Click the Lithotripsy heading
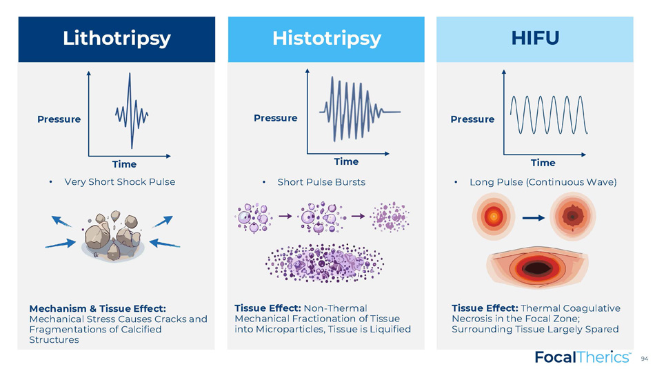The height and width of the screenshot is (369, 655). coord(117,39)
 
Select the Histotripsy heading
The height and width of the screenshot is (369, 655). coord(327,39)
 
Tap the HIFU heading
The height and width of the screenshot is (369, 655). coord(535,38)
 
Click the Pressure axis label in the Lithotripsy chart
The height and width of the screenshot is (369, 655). coord(59,119)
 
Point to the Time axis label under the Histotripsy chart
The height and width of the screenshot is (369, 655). coord(346,161)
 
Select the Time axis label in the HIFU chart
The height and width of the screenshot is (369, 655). coord(543,163)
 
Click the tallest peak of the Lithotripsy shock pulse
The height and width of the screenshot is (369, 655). coord(130,74)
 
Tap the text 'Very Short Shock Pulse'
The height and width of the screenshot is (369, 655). coord(120,182)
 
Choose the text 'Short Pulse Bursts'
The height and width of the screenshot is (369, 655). coord(321,182)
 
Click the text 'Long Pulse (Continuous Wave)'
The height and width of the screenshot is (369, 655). coord(543,182)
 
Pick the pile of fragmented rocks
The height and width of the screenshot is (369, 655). coord(113,236)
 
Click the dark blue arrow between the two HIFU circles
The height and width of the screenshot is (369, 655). coord(534,218)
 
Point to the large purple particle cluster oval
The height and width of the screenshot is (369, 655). coord(325,263)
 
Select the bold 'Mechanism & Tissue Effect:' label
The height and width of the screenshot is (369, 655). coord(97,308)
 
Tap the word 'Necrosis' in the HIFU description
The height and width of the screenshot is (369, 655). coord(472,319)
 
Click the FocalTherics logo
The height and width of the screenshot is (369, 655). coord(583,357)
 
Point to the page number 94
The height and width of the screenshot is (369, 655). coord(645,359)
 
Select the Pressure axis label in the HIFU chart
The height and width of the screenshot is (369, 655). coord(472,119)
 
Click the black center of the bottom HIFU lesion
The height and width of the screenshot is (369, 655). coord(537,268)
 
